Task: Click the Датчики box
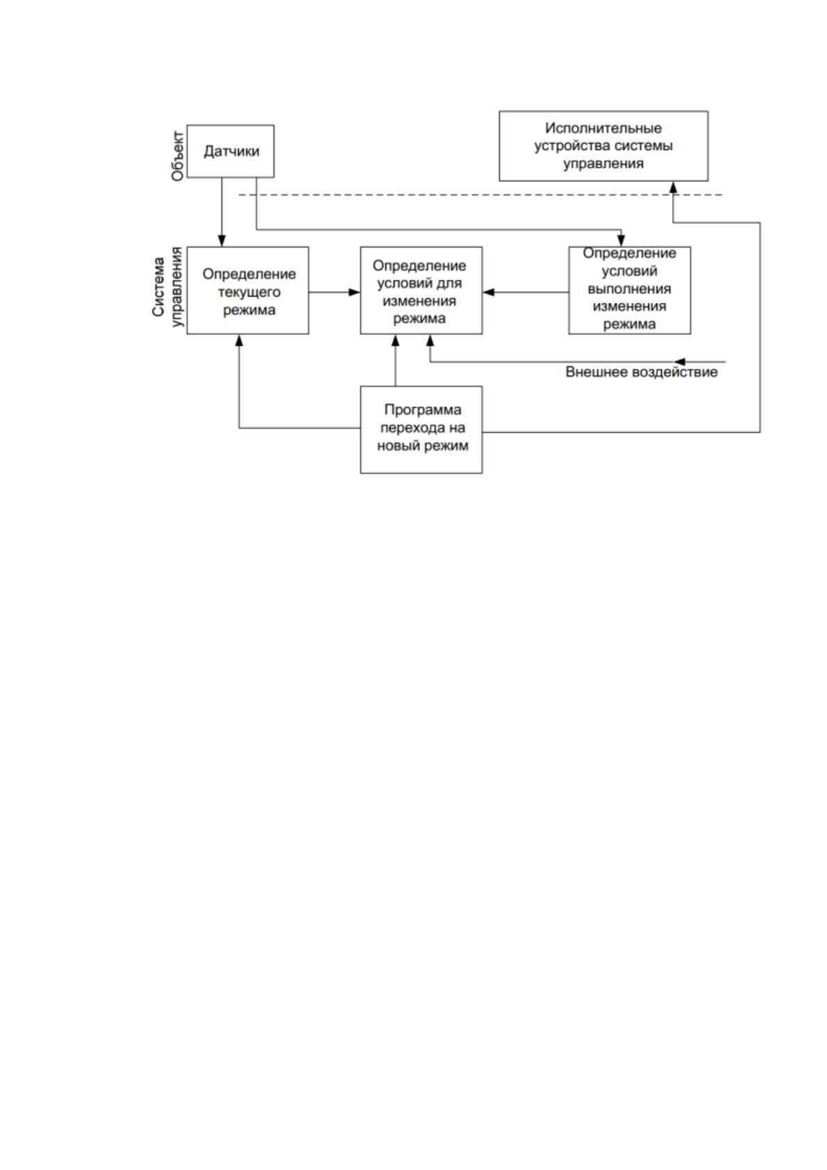coord(231,151)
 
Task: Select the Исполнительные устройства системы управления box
coord(603,146)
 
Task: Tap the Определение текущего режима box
coord(247,290)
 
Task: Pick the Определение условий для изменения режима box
coord(421,290)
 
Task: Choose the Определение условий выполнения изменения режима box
coord(630,290)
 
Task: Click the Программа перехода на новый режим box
coord(421,430)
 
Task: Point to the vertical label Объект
coord(178,156)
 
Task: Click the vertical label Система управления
coord(169,287)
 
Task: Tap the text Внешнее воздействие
coord(642,372)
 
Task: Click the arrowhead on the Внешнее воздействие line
coord(679,361)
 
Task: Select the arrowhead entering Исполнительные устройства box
coord(674,188)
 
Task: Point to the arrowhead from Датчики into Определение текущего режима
coord(222,241)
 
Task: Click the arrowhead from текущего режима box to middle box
coord(355,292)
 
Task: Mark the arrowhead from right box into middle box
coord(489,292)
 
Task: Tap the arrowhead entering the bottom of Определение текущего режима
coord(239,340)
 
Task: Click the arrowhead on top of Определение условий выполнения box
coord(621,241)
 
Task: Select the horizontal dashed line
coord(481,195)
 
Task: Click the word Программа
coord(423,410)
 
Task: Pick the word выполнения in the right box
coord(629,289)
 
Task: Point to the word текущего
coord(249,292)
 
